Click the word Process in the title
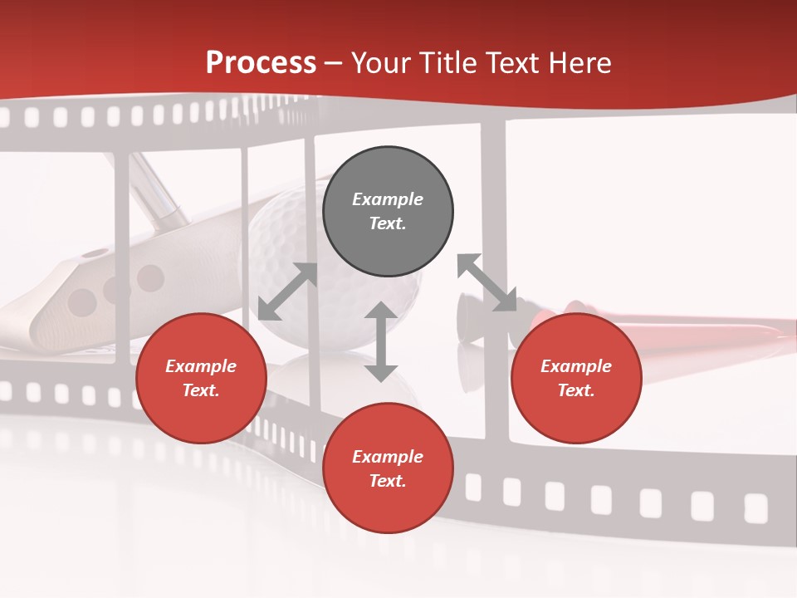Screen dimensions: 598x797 click(x=261, y=63)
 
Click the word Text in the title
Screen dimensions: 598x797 click(x=511, y=63)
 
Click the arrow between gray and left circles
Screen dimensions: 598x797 click(x=288, y=292)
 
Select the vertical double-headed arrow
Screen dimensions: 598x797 click(x=381, y=341)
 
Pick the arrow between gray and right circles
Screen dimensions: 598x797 click(x=487, y=282)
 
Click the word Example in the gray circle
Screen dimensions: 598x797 click(x=388, y=199)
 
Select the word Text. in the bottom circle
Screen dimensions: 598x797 click(x=388, y=481)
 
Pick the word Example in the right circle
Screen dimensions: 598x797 click(x=576, y=366)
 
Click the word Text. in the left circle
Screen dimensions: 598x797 click(x=201, y=390)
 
